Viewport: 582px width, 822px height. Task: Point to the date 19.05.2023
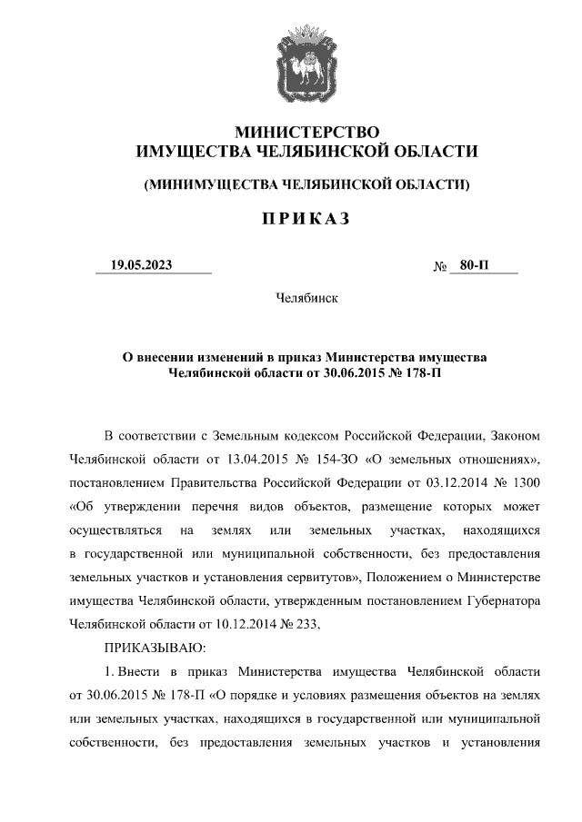click(x=141, y=265)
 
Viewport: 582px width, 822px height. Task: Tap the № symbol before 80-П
click(x=440, y=266)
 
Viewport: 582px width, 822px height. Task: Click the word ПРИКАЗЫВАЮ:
click(x=156, y=647)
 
